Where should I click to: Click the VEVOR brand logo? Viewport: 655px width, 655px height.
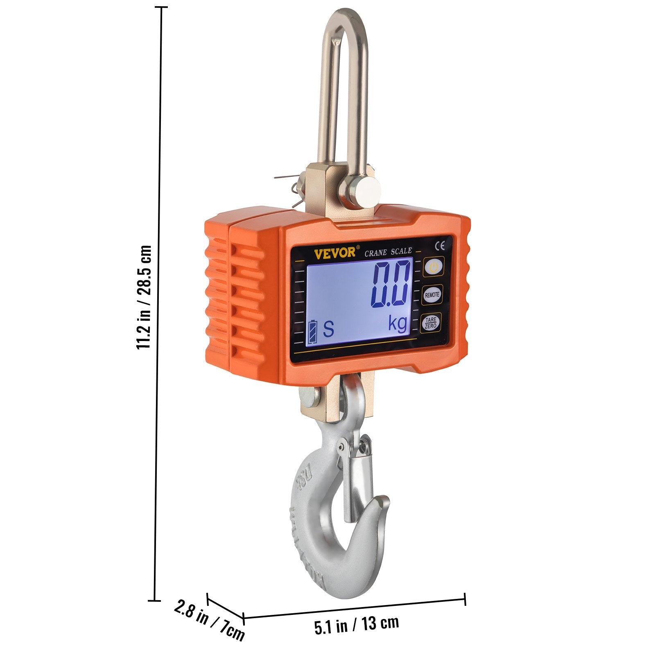point(335,253)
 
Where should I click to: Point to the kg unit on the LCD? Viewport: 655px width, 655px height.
point(398,324)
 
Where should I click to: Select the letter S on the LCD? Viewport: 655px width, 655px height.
point(328,329)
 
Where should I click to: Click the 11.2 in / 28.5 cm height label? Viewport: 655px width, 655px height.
point(144,297)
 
